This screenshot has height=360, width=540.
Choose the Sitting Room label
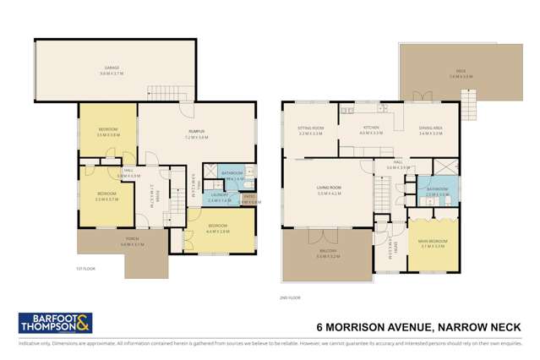coord(309,131)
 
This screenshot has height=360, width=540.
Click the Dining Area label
coord(430,131)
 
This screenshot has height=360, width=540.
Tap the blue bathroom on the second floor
coord(437,191)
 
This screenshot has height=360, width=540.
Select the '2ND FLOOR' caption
coord(290,297)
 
